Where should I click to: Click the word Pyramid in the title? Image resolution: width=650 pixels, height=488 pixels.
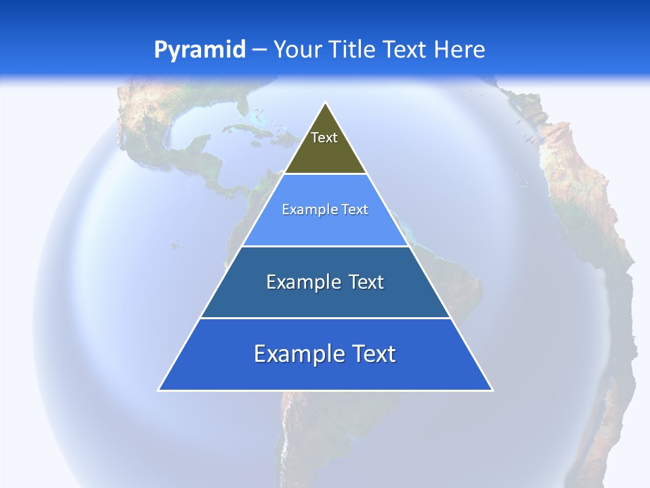pos(199,50)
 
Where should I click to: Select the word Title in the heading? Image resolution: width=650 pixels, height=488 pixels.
pos(353,50)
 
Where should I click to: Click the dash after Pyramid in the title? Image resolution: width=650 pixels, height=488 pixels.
pos(259,50)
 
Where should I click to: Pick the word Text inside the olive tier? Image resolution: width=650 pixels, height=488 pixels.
pos(324,138)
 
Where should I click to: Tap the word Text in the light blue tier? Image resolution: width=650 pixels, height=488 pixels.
pos(355,209)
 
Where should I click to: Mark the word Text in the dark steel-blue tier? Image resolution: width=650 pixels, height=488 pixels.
pos(366,282)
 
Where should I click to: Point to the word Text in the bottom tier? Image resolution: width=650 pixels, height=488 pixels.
pos(373,354)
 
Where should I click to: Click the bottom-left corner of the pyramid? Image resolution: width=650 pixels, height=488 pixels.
pos(159,390)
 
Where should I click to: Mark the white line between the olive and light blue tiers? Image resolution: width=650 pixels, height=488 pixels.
pos(325,174)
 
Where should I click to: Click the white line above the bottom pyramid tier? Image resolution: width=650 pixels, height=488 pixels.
pos(325,318)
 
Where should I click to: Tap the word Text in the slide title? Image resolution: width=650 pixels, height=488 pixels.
pos(406,50)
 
